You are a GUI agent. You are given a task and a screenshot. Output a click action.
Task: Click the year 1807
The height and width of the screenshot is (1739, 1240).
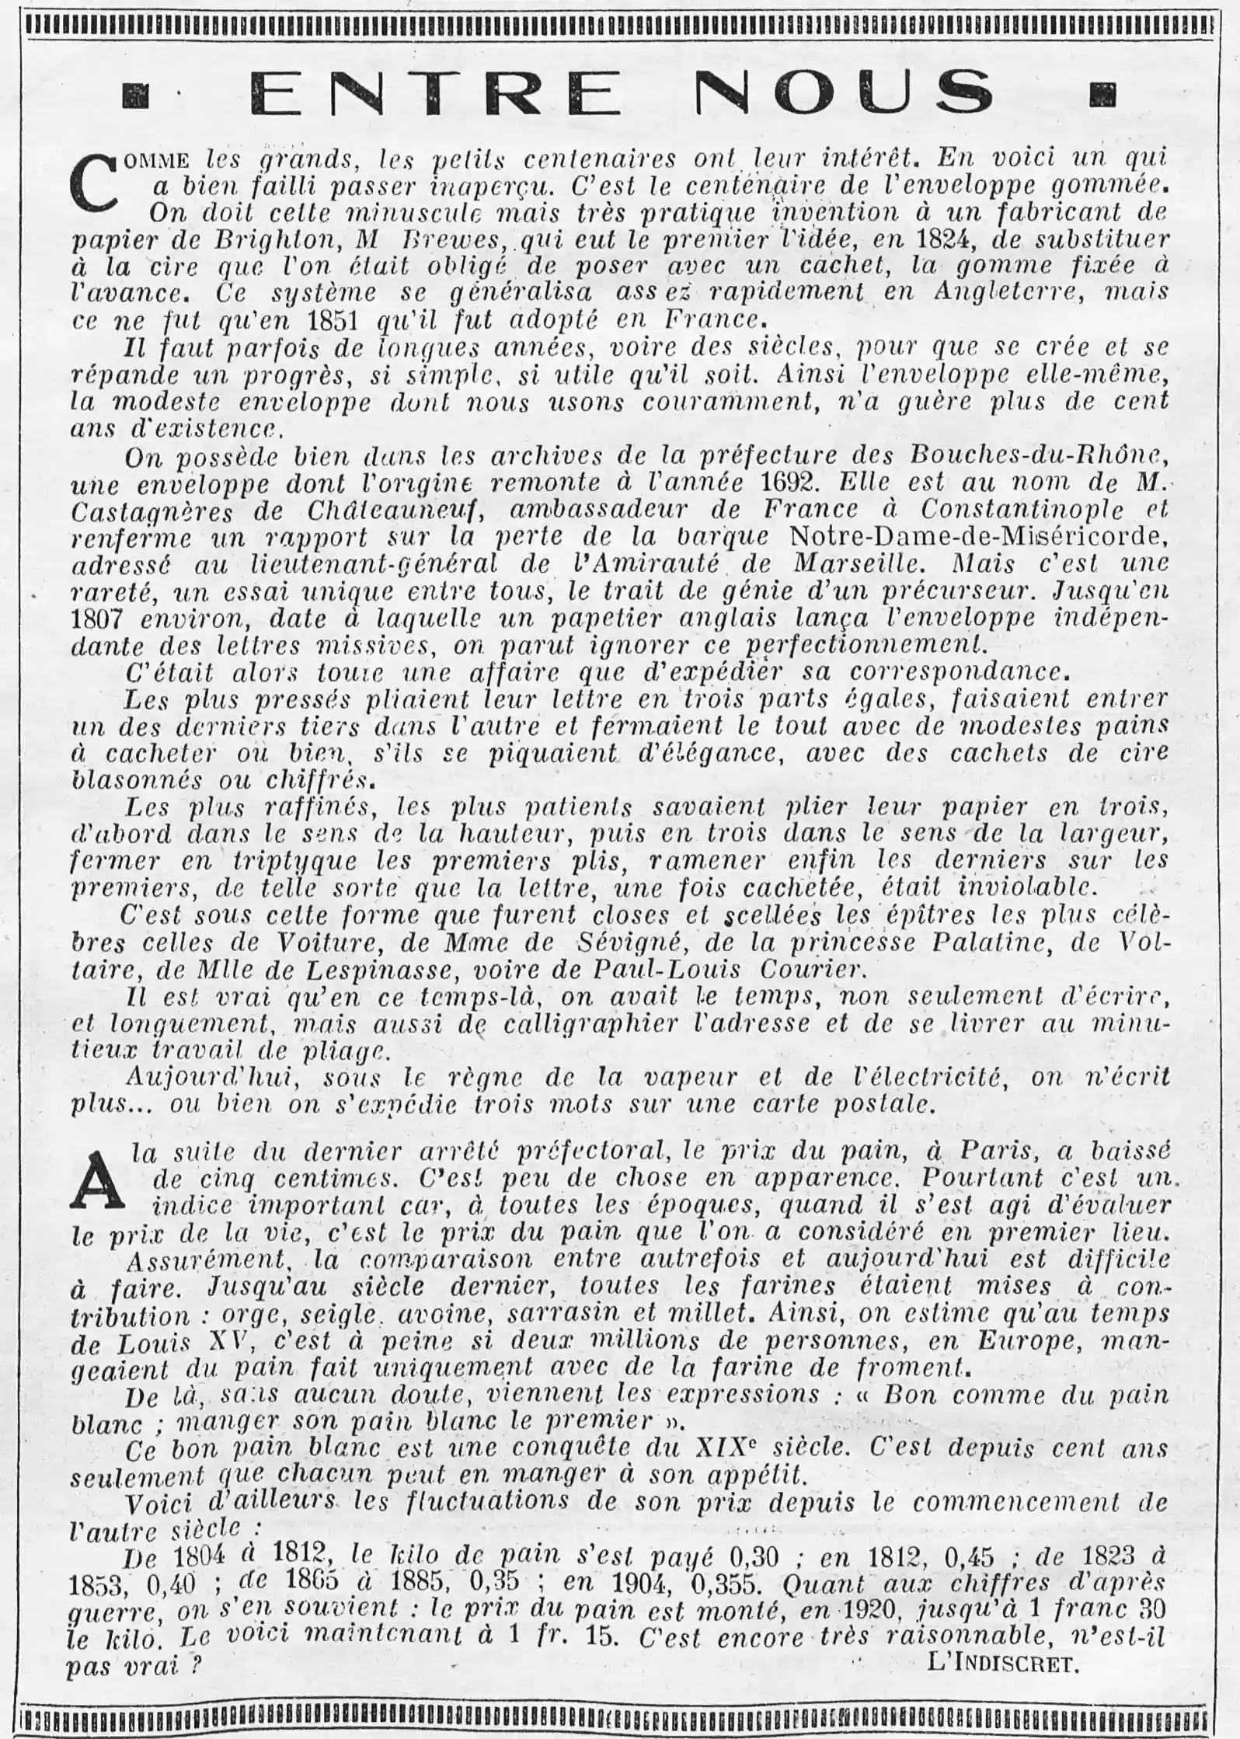(x=102, y=618)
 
